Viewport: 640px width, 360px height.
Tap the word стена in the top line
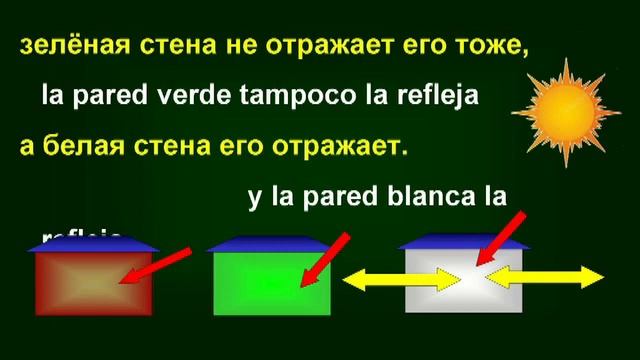[x=170, y=46]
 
